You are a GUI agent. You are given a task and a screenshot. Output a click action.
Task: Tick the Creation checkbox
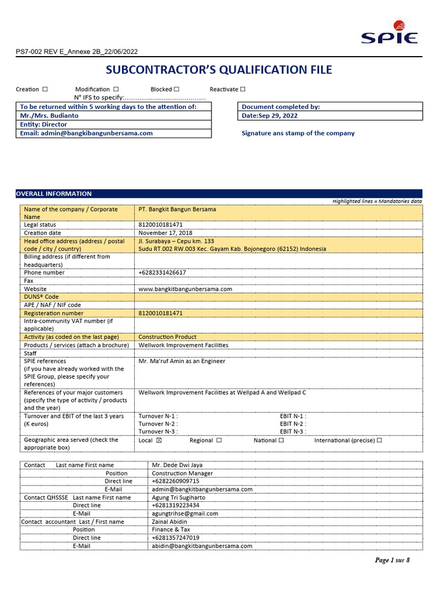click(45, 89)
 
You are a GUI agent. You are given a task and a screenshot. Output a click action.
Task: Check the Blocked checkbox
click(176, 89)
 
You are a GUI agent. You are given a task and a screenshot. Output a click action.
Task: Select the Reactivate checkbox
click(243, 89)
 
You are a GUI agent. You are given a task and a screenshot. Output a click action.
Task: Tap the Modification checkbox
click(116, 89)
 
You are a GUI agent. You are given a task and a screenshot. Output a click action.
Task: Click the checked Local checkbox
click(160, 441)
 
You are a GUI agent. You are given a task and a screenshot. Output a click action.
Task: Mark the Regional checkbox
click(219, 441)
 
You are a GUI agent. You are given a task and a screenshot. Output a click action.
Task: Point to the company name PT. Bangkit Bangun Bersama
click(177, 209)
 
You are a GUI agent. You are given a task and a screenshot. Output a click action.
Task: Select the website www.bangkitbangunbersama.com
click(185, 288)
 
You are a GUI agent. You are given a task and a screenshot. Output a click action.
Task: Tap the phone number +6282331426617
click(162, 272)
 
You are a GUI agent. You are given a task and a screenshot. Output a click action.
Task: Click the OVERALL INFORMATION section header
click(54, 194)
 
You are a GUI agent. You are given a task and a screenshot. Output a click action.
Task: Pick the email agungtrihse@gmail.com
click(185, 513)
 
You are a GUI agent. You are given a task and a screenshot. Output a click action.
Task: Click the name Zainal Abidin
click(169, 521)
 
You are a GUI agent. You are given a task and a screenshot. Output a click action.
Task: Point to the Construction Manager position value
click(182, 473)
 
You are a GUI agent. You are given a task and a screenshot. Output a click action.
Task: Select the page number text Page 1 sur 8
click(392, 560)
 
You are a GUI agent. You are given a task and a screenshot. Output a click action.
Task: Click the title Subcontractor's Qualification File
click(219, 70)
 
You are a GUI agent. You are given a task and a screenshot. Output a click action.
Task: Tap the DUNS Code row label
click(41, 297)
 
